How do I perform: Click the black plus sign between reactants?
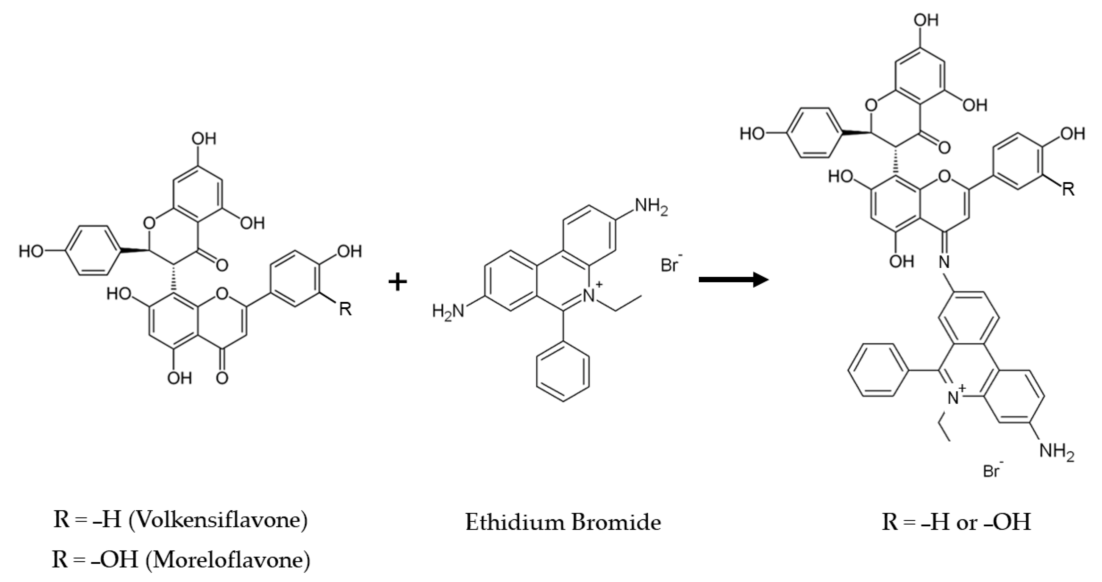click(397, 282)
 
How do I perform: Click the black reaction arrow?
click(733, 280)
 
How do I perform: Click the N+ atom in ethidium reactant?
click(591, 295)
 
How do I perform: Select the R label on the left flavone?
click(345, 309)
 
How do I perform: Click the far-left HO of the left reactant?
click(31, 251)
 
